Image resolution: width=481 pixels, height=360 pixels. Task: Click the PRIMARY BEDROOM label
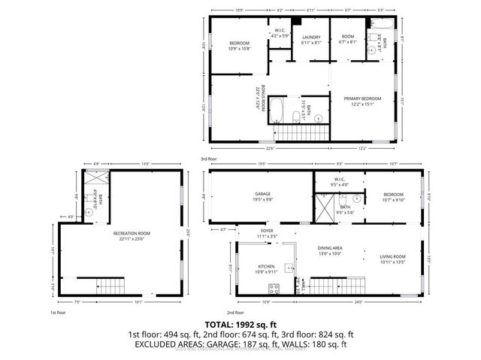coord(362,99)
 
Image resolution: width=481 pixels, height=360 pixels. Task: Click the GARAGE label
coord(262,193)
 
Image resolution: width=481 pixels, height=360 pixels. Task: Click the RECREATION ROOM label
coord(132,234)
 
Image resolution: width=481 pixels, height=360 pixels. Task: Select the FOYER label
coord(267,231)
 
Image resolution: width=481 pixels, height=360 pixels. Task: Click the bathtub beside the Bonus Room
coord(277,110)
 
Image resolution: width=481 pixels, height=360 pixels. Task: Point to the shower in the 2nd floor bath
coord(324,204)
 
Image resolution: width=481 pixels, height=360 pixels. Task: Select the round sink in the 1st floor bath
coord(89,212)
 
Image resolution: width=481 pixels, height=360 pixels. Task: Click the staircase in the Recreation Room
coord(110,286)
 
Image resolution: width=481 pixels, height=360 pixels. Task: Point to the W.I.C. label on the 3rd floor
coord(278,32)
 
